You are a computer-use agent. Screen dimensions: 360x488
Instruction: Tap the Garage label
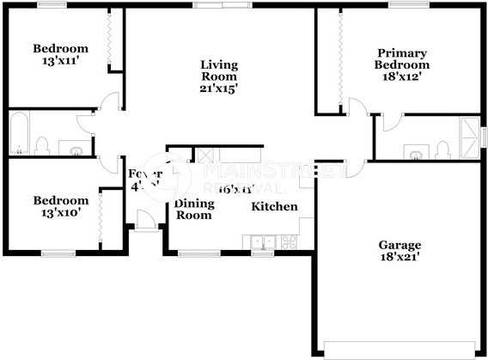click(401, 243)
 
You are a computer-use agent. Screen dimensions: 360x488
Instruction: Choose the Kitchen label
click(274, 206)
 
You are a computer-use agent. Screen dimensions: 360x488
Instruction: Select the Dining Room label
click(193, 210)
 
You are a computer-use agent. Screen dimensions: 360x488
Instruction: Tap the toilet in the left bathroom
click(42, 147)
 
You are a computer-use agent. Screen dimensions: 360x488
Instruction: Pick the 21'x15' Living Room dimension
click(218, 88)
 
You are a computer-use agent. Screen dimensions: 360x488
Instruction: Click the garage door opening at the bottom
click(400, 349)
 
